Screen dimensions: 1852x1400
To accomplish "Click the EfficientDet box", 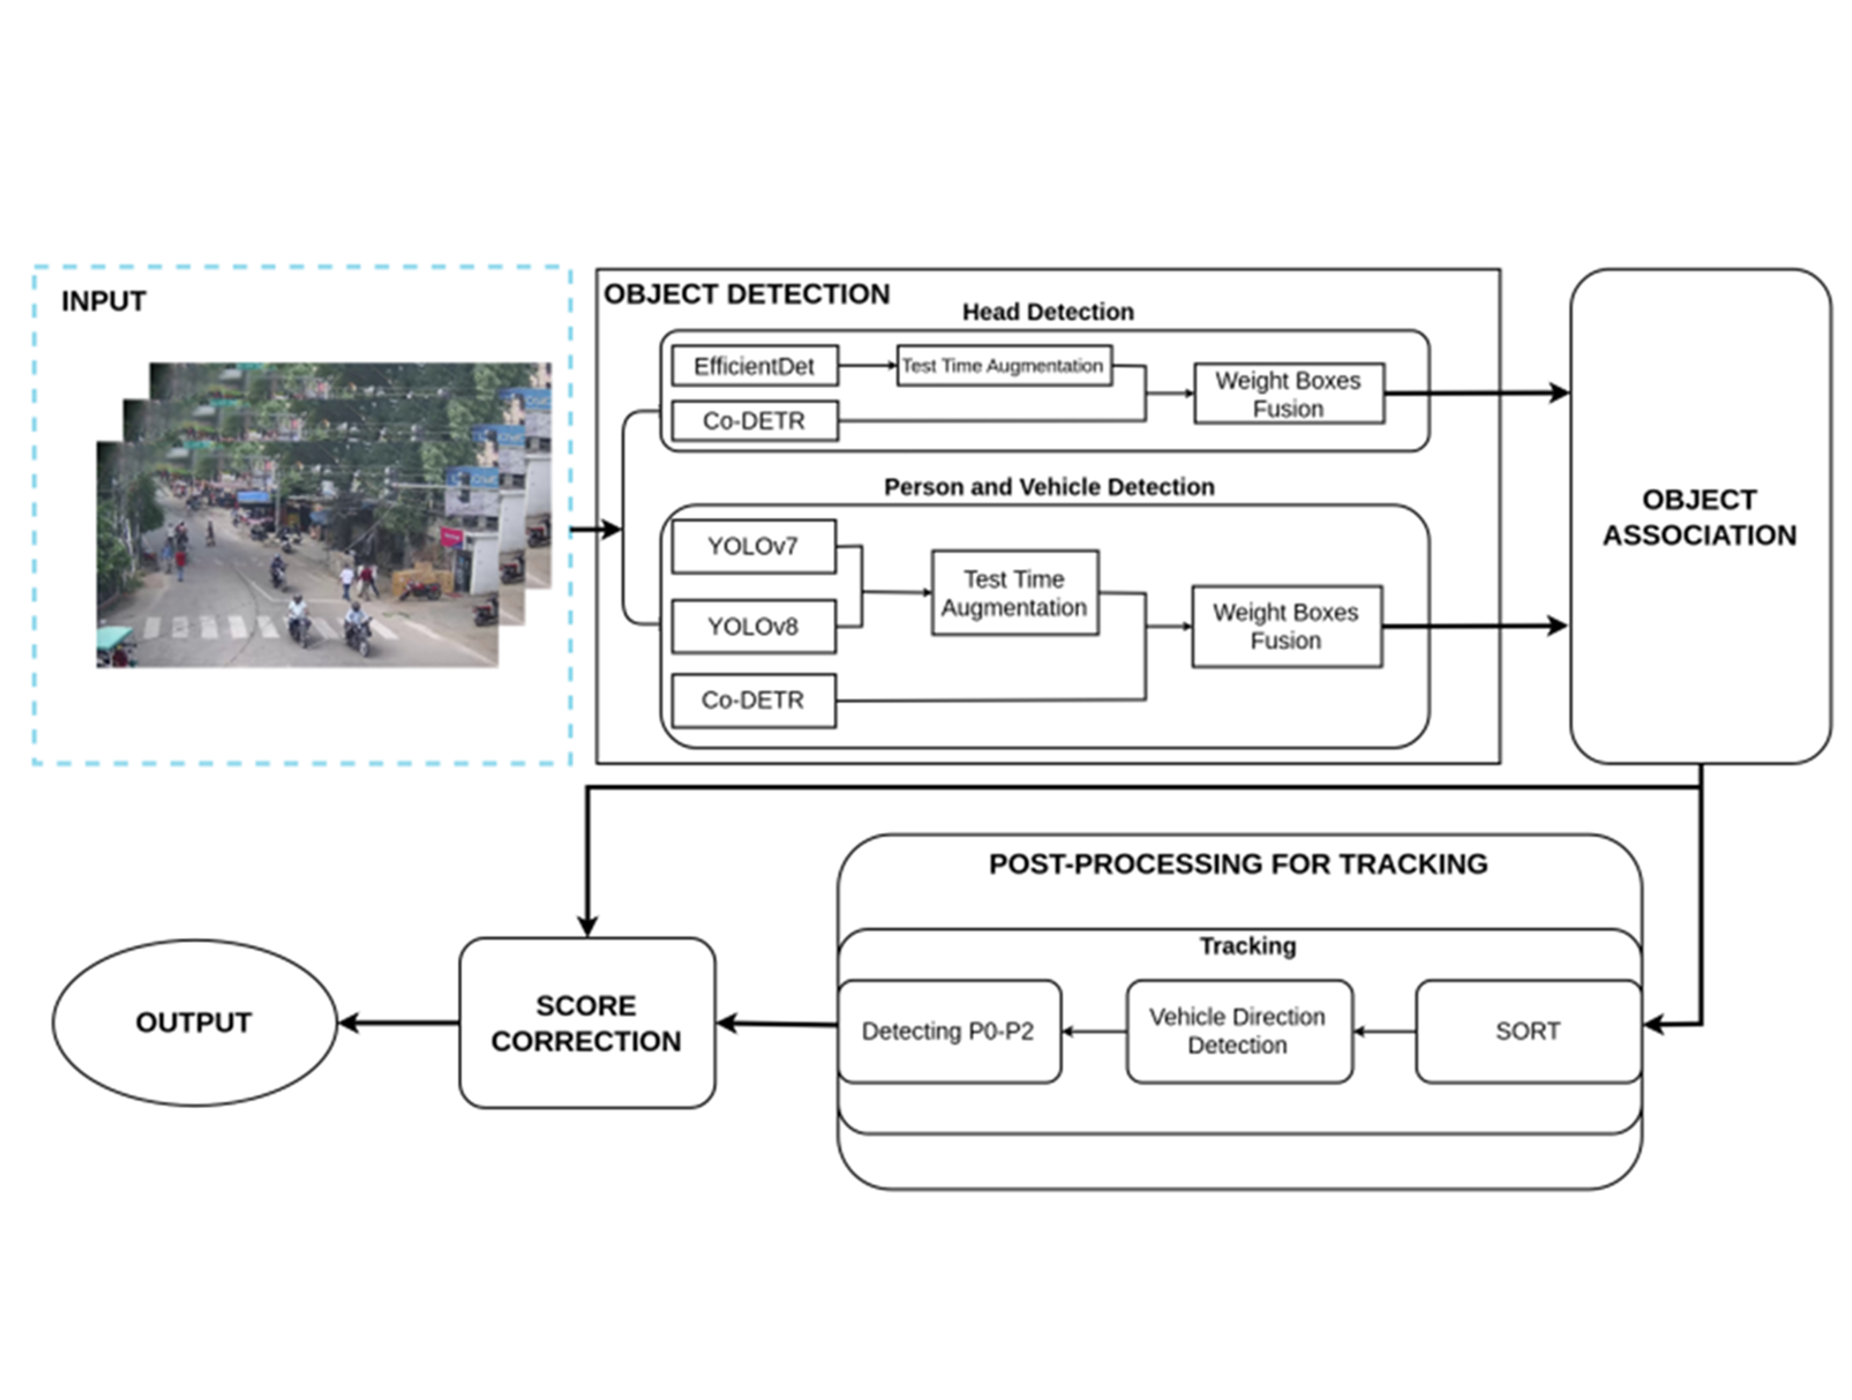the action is point(754,365).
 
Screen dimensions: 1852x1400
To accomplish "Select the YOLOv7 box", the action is point(754,546).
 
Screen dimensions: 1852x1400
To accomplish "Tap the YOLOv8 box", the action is point(754,626).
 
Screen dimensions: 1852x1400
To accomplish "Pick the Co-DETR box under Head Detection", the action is point(754,420).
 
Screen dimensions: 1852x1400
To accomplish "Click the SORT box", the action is point(1528,1031).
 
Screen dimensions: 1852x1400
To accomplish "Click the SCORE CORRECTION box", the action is point(587,1022).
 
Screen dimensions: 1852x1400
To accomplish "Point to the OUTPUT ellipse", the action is point(194,1022).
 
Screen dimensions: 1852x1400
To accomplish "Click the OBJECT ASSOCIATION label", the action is point(1700,517).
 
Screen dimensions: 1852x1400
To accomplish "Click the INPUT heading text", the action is point(104,301).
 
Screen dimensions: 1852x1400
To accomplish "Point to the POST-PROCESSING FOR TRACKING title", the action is point(1238,864).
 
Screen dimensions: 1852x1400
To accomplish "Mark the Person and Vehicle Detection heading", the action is point(1049,487).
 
